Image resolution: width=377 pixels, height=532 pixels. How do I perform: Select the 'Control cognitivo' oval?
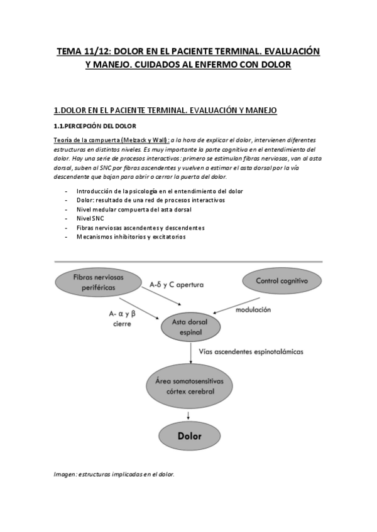(x=281, y=281)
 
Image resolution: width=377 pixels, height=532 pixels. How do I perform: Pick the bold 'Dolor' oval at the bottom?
(x=190, y=434)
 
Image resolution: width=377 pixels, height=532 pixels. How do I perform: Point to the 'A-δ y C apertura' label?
(x=177, y=284)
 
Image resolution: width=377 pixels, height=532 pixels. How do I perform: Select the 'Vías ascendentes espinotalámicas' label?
(x=251, y=352)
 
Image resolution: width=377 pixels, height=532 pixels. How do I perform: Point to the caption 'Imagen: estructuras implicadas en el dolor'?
(x=114, y=474)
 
